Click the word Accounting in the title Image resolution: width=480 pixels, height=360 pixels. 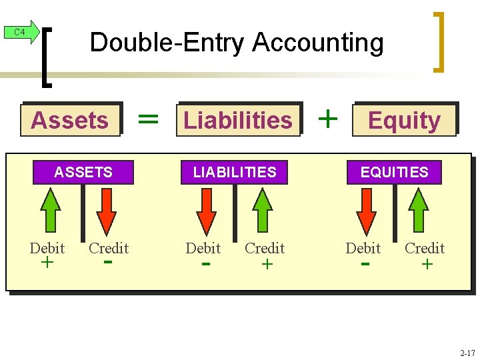pos(318,43)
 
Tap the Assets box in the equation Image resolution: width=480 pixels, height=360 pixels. pos(70,120)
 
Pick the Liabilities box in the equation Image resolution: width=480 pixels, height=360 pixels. pos(238,120)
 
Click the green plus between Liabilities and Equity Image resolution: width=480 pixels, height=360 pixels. pos(327,119)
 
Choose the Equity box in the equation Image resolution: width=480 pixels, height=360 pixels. pos(404,120)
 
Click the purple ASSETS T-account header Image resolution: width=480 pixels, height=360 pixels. pos(83,172)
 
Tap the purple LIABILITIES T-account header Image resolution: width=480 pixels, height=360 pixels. pos(235,172)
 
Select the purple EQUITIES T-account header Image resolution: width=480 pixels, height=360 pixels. pos(395,172)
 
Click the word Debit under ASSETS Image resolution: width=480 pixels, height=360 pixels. pos(47,248)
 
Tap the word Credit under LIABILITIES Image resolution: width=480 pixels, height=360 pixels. pos(265,248)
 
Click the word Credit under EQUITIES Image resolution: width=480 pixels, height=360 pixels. pos(425,248)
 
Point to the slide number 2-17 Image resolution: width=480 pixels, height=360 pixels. pos(467,352)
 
